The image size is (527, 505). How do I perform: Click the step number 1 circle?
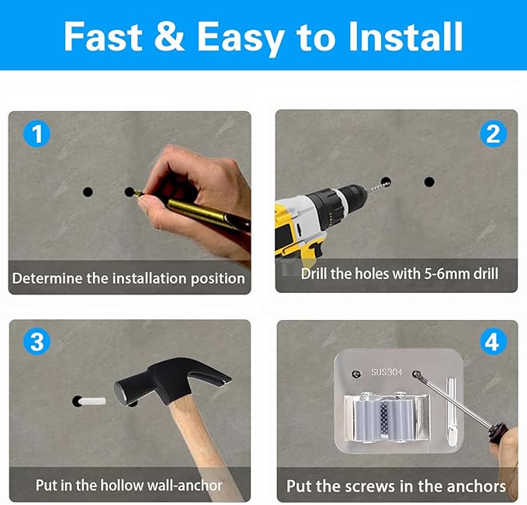(x=37, y=134)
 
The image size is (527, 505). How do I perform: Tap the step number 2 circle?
(x=493, y=134)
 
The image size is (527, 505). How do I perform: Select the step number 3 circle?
(x=36, y=342)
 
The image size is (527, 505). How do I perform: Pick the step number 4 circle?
(x=492, y=342)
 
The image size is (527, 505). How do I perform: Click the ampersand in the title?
(x=169, y=36)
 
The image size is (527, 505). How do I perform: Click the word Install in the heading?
(x=406, y=37)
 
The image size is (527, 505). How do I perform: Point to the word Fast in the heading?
(x=102, y=37)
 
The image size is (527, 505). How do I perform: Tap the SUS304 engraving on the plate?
(x=387, y=372)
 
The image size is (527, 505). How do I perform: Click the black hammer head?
(x=168, y=380)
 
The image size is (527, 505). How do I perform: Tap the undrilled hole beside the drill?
(x=429, y=182)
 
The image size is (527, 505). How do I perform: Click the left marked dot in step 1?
(x=88, y=192)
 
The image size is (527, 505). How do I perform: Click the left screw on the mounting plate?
(x=356, y=374)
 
